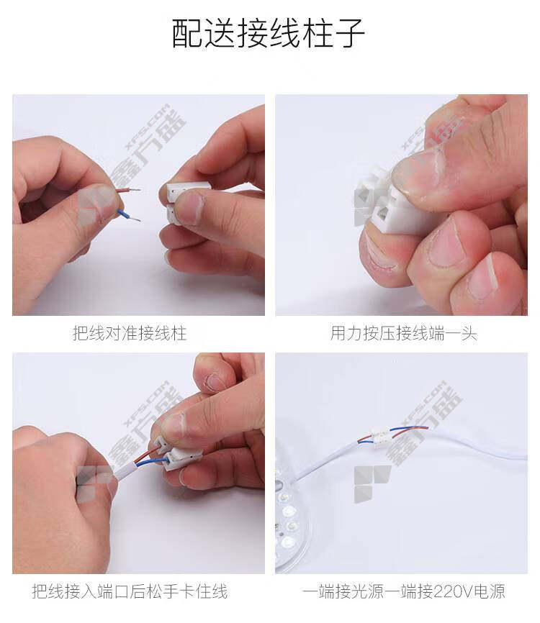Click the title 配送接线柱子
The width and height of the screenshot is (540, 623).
(x=269, y=33)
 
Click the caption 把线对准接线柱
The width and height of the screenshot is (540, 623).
(x=129, y=333)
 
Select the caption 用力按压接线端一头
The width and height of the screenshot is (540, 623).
(x=403, y=333)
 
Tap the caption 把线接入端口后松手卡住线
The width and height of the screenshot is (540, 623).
(x=130, y=591)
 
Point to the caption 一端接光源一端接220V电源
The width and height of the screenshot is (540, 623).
(x=403, y=591)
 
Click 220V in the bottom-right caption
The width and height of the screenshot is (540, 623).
(x=451, y=591)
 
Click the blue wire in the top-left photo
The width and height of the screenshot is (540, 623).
(x=128, y=215)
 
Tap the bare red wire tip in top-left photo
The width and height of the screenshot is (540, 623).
(x=135, y=190)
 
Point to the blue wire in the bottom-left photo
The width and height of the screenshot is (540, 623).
(x=151, y=461)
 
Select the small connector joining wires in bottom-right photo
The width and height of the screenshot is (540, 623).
(x=381, y=435)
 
